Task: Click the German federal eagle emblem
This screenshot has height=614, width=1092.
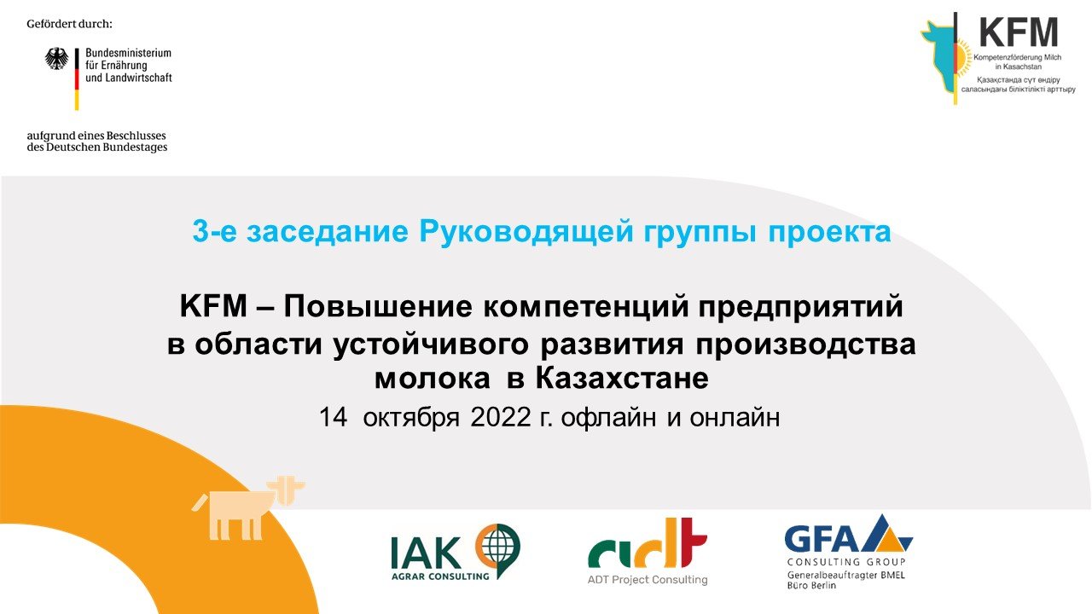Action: [57, 59]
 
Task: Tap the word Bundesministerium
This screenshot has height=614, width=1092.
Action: [128, 53]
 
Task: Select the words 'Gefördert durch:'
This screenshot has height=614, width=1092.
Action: [69, 24]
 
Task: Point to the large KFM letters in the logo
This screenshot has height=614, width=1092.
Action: [1019, 32]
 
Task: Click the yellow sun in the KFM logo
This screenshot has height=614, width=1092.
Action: [963, 59]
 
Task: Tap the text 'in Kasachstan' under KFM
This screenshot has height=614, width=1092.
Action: [1019, 67]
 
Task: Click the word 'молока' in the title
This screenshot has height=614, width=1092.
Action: [432, 379]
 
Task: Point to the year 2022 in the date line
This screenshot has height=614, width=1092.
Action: [501, 418]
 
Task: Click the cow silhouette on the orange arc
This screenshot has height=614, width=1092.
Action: [247, 508]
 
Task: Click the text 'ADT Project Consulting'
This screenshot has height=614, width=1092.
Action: [648, 580]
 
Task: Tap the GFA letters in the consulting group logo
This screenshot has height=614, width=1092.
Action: [828, 540]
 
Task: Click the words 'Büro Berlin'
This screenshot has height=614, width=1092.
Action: [811, 585]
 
